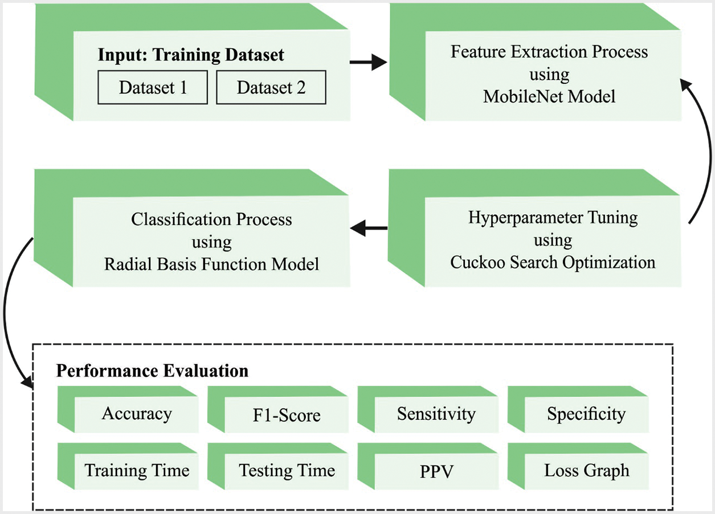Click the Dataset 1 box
click(x=153, y=88)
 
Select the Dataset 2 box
click(x=271, y=88)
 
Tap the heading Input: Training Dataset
click(x=191, y=55)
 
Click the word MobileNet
click(x=517, y=96)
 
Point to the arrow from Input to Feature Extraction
click(x=367, y=62)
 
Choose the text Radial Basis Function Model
click(x=211, y=264)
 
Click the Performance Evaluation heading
click(x=152, y=371)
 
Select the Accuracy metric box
click(x=137, y=414)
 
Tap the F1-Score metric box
click(x=287, y=415)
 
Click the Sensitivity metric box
click(x=436, y=414)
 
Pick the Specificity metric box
click(x=586, y=414)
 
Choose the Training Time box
click(x=137, y=471)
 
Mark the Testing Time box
click(x=287, y=471)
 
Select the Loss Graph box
click(x=586, y=471)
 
